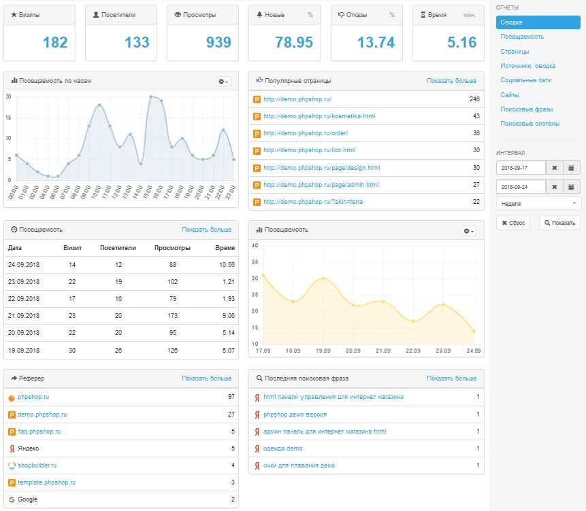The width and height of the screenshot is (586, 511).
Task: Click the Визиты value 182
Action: pyautogui.click(x=55, y=42)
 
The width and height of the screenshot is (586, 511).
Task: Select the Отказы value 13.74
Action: pyautogui.click(x=376, y=42)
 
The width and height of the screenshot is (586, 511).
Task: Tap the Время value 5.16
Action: pyautogui.click(x=462, y=42)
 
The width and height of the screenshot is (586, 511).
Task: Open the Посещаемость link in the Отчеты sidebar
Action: pyautogui.click(x=522, y=37)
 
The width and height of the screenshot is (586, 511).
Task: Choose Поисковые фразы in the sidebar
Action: pyautogui.click(x=526, y=109)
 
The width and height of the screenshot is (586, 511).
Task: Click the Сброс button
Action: pyautogui.click(x=515, y=223)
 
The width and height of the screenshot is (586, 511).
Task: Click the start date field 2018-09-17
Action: pyautogui.click(x=521, y=168)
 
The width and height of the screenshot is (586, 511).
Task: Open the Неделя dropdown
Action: pyautogui.click(x=538, y=203)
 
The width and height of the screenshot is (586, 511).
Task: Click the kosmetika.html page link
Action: pyautogui.click(x=319, y=116)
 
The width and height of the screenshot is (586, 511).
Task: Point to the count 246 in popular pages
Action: pyautogui.click(x=474, y=99)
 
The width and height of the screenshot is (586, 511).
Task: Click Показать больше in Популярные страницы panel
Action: pyautogui.click(x=451, y=81)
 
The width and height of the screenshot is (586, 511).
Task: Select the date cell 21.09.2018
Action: pyautogui.click(x=24, y=316)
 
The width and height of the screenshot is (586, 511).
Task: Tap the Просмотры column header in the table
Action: pyautogui.click(x=172, y=248)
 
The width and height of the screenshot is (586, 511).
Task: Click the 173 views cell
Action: pyautogui.click(x=172, y=316)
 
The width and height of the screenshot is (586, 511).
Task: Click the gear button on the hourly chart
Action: pyautogui.click(x=223, y=82)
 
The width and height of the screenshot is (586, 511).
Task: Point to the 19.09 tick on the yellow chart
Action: pyautogui.click(x=323, y=351)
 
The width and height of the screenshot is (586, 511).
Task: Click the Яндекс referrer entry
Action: pyautogui.click(x=28, y=448)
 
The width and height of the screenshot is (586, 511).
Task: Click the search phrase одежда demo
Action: pyautogui.click(x=282, y=448)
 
